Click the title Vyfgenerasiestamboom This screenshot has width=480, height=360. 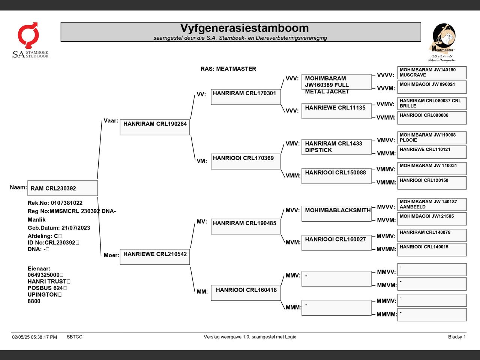click(244, 28)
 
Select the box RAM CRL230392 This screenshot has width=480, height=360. click(63, 188)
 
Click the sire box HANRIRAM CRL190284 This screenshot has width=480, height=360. click(155, 127)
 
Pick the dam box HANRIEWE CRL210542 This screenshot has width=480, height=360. click(155, 257)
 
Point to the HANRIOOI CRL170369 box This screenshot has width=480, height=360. click(246, 162)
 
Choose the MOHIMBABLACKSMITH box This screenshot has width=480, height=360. click(336, 213)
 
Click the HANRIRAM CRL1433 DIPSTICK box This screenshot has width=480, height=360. click(336, 147)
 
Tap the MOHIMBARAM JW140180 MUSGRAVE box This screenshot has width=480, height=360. click(432, 73)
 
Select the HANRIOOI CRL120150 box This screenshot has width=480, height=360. click(432, 183)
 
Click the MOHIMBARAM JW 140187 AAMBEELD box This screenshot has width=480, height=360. click(432, 205)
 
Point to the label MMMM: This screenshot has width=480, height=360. click(387, 314)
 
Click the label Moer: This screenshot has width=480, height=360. click(111, 255)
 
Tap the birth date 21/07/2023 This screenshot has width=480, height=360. click(76, 228)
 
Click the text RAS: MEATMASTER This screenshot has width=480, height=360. click(228, 69)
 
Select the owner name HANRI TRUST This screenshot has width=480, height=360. click(47, 281)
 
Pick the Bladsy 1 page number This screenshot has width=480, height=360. click(457, 337)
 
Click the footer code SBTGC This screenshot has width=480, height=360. click(75, 337)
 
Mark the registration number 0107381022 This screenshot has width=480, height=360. click(67, 203)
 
